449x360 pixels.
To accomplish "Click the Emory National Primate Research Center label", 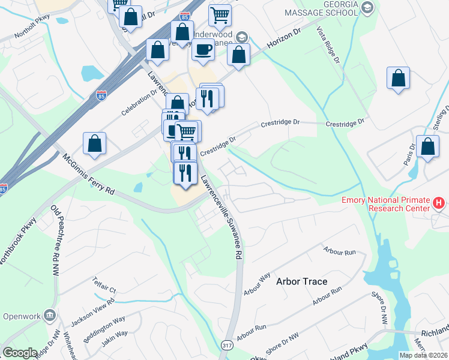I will point(386,204).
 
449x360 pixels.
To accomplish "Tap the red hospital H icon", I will point(439,203).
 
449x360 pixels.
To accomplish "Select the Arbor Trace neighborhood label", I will point(301,281).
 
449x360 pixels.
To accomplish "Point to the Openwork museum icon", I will point(50,315).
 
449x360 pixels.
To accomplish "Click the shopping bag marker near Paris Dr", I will point(427,148).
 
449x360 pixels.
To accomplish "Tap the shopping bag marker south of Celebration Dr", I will point(94,143).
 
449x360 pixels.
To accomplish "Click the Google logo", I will point(20,353).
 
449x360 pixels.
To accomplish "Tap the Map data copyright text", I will point(424,355).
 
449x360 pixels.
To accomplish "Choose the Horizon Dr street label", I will point(280,41).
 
